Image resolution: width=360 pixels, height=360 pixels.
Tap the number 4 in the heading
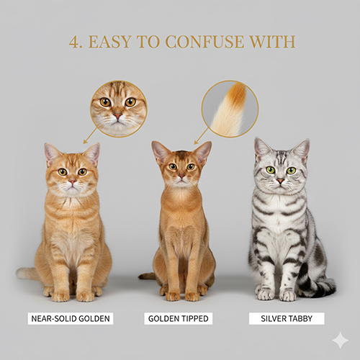click(74, 42)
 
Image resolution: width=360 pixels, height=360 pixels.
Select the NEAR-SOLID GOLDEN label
click(71, 318)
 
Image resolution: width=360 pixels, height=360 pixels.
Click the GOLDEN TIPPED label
click(178, 318)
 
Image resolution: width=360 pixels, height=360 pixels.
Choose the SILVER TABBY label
click(287, 318)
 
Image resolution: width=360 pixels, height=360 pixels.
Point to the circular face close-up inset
click(118, 109)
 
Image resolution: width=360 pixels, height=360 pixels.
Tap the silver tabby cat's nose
click(281, 180)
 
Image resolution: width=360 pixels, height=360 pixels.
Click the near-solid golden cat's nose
click(72, 181)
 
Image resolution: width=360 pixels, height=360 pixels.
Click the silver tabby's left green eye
click(271, 170)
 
